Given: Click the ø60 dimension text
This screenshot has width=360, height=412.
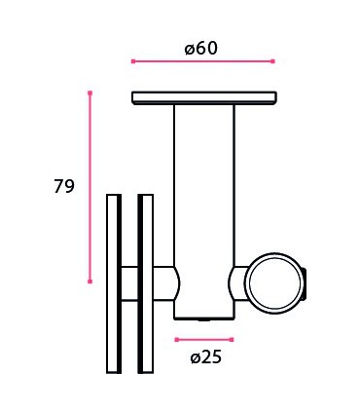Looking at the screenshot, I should pyautogui.click(x=201, y=46).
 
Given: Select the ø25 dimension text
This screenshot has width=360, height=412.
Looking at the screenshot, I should pyautogui.click(x=205, y=357).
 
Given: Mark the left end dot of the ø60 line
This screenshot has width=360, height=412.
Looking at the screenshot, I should pyautogui.click(x=132, y=61).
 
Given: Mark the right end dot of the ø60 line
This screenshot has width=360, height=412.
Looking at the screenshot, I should pyautogui.click(x=272, y=61).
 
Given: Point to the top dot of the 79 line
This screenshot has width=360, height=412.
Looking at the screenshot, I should pyautogui.click(x=90, y=94).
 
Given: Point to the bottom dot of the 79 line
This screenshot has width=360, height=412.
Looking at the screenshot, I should pyautogui.click(x=90, y=281).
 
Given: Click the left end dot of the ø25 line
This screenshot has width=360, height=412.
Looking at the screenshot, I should pyautogui.click(x=176, y=339).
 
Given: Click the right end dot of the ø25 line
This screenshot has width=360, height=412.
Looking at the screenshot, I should pyautogui.click(x=234, y=339).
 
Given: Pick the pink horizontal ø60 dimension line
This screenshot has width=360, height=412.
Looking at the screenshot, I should pyautogui.click(x=202, y=61).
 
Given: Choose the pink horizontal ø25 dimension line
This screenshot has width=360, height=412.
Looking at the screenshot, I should pyautogui.click(x=204, y=339).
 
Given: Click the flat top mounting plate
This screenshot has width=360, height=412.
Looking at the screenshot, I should pyautogui.click(x=204, y=97).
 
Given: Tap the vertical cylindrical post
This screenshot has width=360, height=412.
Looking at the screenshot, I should pyautogui.click(x=204, y=195).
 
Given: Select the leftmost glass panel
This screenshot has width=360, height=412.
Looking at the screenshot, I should pyautogui.click(x=114, y=282).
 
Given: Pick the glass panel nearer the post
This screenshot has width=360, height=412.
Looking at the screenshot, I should pyautogui.click(x=146, y=282).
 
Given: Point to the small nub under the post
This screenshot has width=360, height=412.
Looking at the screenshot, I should pyautogui.click(x=204, y=318).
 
